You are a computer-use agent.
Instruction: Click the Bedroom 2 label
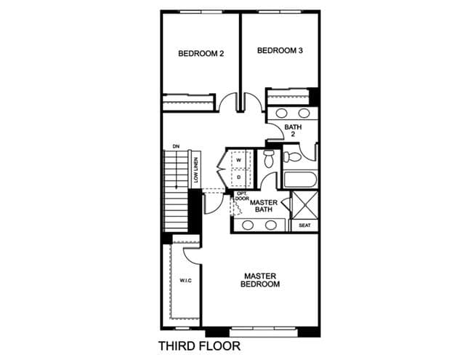pyautogui.click(x=201, y=54)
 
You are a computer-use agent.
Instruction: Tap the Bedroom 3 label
pyautogui.click(x=280, y=50)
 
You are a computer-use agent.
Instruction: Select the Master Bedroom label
pyautogui.click(x=260, y=280)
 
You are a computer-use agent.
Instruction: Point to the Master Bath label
pyautogui.click(x=264, y=206)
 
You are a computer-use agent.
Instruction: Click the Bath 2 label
pyautogui.click(x=293, y=131)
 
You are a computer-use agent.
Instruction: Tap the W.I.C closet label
pyautogui.click(x=186, y=281)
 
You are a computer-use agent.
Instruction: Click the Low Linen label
pyautogui.click(x=195, y=169)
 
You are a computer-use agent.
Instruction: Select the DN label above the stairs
pyautogui.click(x=176, y=146)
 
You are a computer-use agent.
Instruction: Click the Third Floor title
pyautogui.click(x=199, y=346)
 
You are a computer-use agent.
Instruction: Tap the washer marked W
pyautogui.click(x=239, y=160)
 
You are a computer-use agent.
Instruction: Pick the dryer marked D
pyautogui.click(x=239, y=177)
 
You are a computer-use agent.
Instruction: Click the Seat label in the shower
pyautogui.click(x=304, y=225)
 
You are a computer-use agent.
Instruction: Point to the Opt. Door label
pyautogui.click(x=242, y=196)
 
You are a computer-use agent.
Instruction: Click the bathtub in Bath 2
pyautogui.click(x=300, y=180)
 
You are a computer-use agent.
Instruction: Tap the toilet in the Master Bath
pyautogui.click(x=269, y=159)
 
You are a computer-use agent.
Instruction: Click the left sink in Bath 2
pyautogui.click(x=281, y=113)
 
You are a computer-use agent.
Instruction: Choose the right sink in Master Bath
pyautogui.click(x=271, y=225)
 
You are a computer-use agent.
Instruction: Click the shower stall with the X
pyautogui.click(x=305, y=205)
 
